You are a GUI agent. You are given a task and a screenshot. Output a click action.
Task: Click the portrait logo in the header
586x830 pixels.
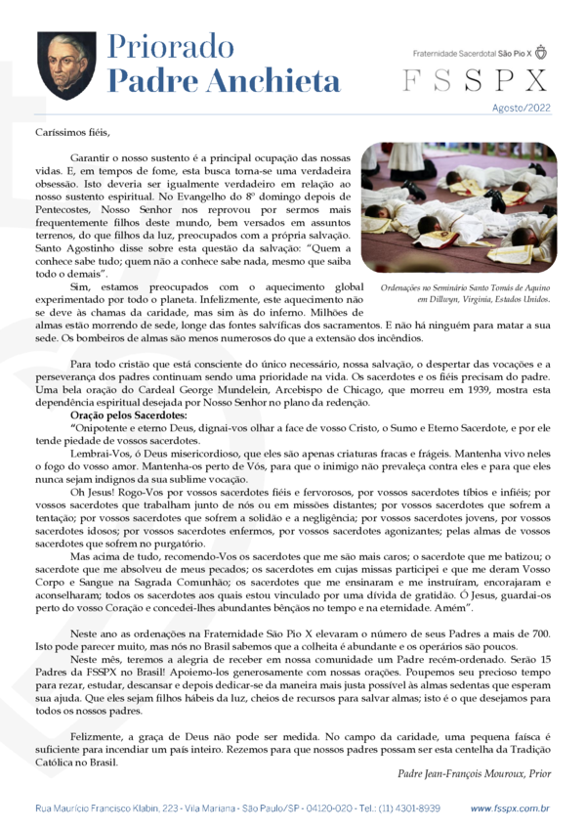click(x=66, y=66)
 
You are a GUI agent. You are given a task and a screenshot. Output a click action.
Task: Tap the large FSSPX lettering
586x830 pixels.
click(x=477, y=81)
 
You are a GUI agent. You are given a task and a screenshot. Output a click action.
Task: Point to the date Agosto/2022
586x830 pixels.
click(x=522, y=109)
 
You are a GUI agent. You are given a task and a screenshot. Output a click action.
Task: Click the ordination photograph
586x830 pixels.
click(x=459, y=207)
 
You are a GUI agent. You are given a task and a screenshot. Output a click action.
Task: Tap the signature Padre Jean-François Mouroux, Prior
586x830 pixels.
click(x=475, y=773)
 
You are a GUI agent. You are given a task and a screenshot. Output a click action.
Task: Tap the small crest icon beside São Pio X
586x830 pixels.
click(x=542, y=52)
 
